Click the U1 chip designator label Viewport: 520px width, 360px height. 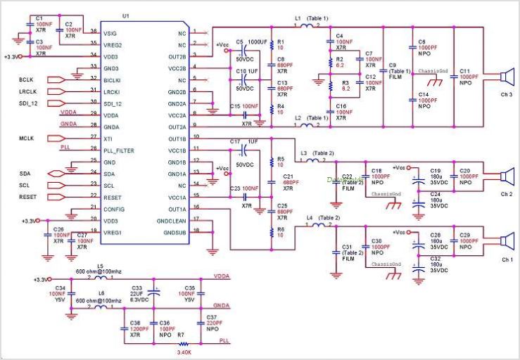pos(126,15)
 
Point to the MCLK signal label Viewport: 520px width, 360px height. pos(27,139)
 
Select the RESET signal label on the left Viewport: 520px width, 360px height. pos(29,197)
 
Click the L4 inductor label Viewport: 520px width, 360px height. pos(310,218)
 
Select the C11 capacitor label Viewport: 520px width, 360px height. pos(464,72)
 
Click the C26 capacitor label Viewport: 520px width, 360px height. pos(58,229)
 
